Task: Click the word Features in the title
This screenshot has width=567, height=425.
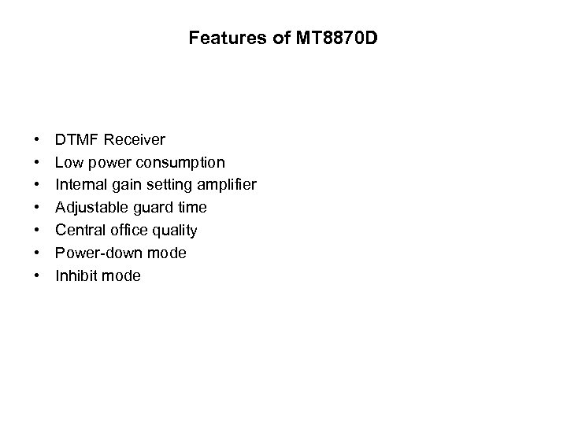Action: [218, 38]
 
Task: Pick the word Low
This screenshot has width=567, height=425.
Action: [68, 163]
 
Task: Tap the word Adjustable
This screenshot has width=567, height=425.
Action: [87, 208]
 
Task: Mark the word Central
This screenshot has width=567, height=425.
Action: [78, 231]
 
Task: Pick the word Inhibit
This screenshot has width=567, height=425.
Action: [75, 276]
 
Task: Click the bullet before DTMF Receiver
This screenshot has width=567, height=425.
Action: [37, 140]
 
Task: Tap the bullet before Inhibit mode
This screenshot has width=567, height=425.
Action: [37, 276]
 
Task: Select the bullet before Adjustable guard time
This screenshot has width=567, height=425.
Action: [37, 208]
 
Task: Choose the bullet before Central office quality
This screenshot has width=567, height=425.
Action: [37, 231]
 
